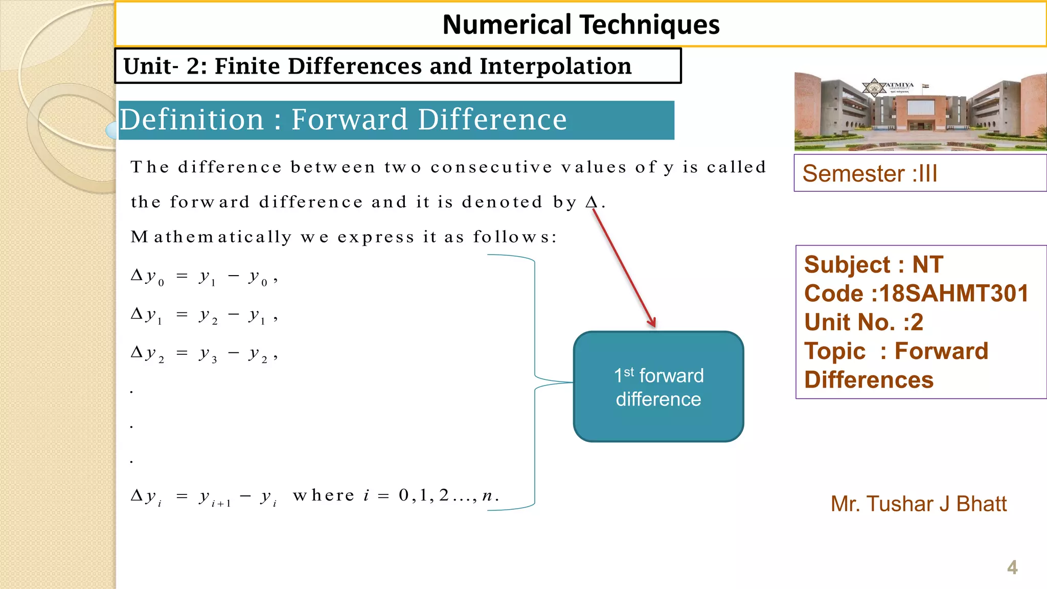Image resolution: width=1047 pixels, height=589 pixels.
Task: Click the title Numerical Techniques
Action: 581,25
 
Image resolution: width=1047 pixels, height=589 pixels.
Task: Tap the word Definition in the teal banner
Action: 192,120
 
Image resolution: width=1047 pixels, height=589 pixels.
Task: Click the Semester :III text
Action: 870,174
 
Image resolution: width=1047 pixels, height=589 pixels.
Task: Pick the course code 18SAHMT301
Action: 953,293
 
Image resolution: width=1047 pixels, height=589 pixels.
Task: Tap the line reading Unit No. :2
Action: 863,322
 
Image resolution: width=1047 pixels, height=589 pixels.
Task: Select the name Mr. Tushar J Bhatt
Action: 918,504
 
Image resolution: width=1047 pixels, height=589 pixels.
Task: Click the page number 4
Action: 1012,568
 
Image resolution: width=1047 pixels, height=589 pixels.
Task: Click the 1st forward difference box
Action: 658,387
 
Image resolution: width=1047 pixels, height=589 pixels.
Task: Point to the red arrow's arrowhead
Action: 653,324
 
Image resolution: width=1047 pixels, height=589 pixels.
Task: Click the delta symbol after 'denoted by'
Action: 591,202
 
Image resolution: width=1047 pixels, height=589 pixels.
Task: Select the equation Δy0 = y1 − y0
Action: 204,278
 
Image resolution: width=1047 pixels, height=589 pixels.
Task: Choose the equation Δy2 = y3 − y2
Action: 204,354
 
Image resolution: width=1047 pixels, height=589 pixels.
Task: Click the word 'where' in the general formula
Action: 324,495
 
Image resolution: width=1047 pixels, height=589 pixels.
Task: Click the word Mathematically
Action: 211,237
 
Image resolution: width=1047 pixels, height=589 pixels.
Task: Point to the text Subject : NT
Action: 873,265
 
